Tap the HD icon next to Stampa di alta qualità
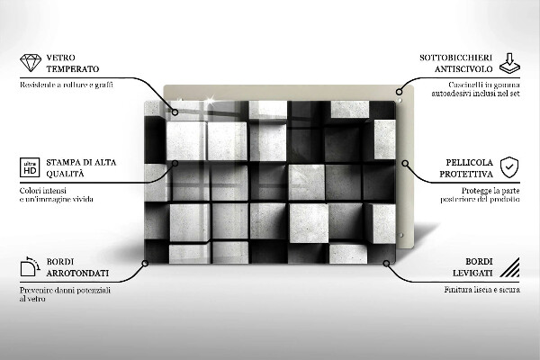pos(29,168)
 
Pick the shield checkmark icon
pos(509,167)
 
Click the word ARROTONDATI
pos(77,273)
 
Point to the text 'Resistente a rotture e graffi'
pos(66,85)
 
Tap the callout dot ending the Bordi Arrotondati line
pos(144,264)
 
